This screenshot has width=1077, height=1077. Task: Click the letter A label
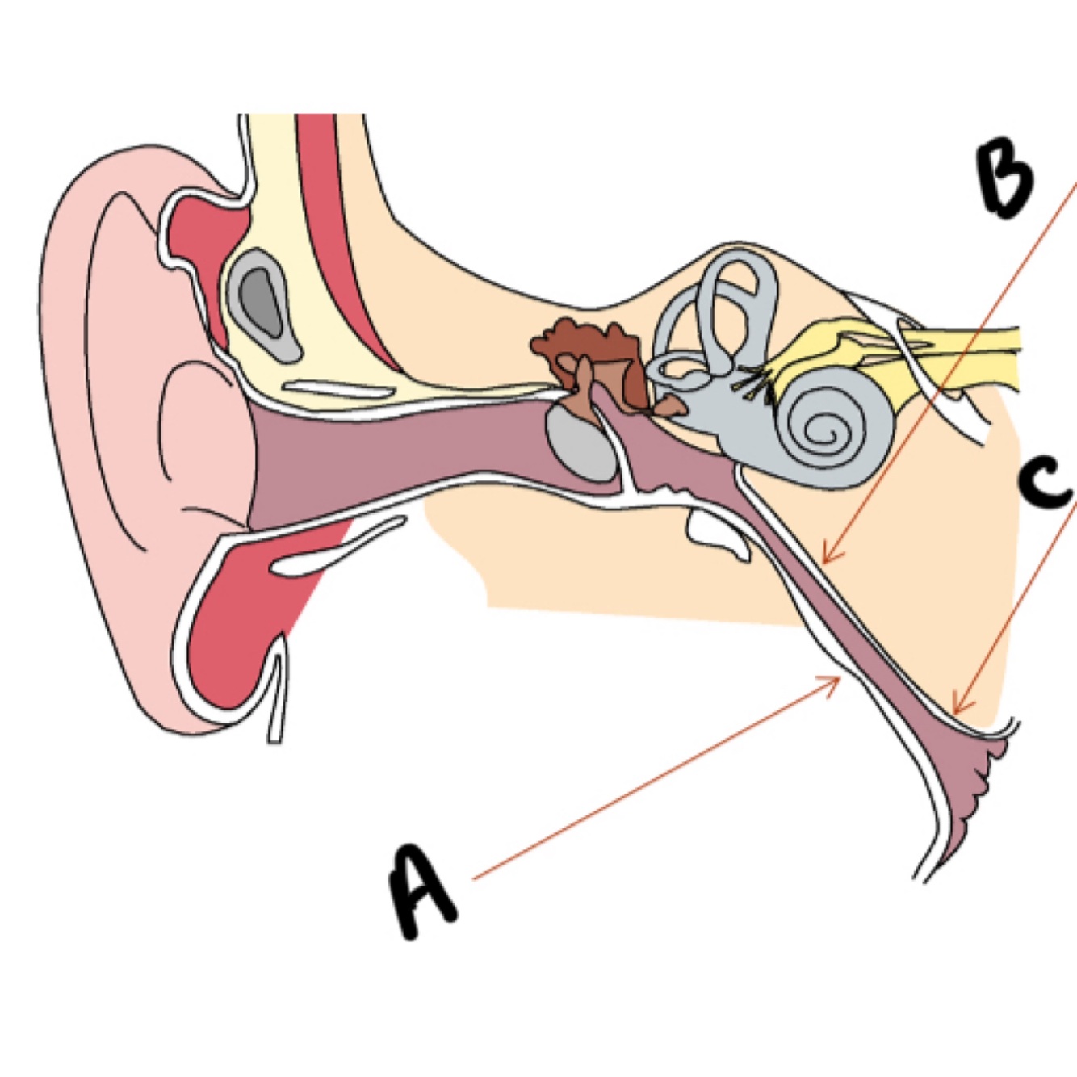tap(421, 892)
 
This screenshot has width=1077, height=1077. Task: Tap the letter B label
tap(1004, 179)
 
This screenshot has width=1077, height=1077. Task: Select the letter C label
tap(1046, 483)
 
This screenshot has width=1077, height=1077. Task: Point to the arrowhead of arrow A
tap(837, 679)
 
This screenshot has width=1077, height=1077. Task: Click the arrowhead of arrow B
tap(826, 559)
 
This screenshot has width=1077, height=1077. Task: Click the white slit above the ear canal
tap(339, 388)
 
